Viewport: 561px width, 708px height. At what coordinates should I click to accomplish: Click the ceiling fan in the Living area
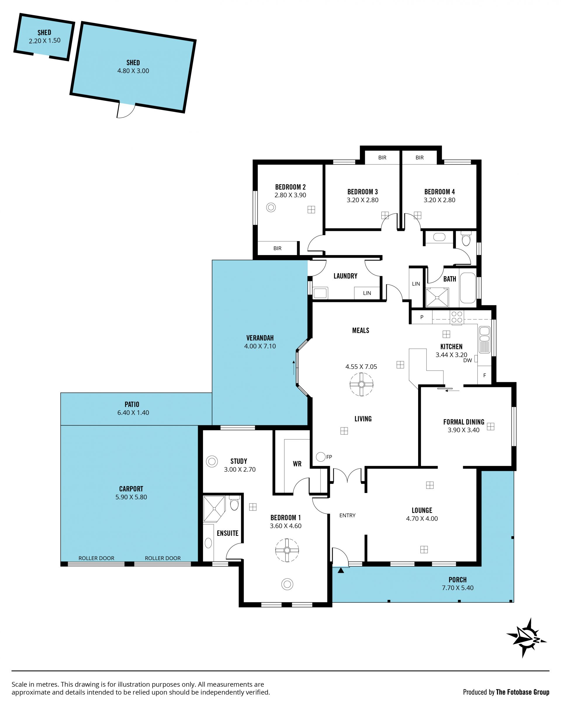(361, 385)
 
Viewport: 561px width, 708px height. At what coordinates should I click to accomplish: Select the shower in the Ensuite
(214, 509)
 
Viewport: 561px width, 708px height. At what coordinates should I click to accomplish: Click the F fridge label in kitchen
(484, 375)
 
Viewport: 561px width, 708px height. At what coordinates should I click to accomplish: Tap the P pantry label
(422, 317)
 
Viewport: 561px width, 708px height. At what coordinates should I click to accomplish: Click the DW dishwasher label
(467, 360)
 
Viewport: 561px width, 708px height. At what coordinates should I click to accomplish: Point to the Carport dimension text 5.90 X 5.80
(131, 497)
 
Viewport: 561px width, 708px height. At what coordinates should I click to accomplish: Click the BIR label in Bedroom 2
(277, 248)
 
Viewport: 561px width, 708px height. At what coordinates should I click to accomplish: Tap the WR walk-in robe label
(297, 464)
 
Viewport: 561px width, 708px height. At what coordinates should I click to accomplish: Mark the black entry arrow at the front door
(341, 570)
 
